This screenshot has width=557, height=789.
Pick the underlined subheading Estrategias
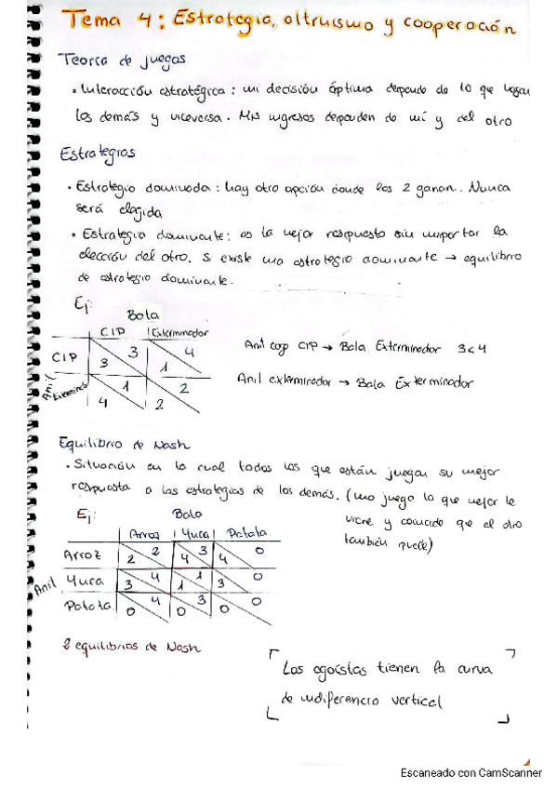tap(97, 154)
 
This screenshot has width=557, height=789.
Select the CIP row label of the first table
tap(64, 357)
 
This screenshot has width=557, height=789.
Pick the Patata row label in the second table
tap(87, 607)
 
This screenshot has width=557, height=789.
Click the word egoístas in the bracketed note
tap(344, 669)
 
